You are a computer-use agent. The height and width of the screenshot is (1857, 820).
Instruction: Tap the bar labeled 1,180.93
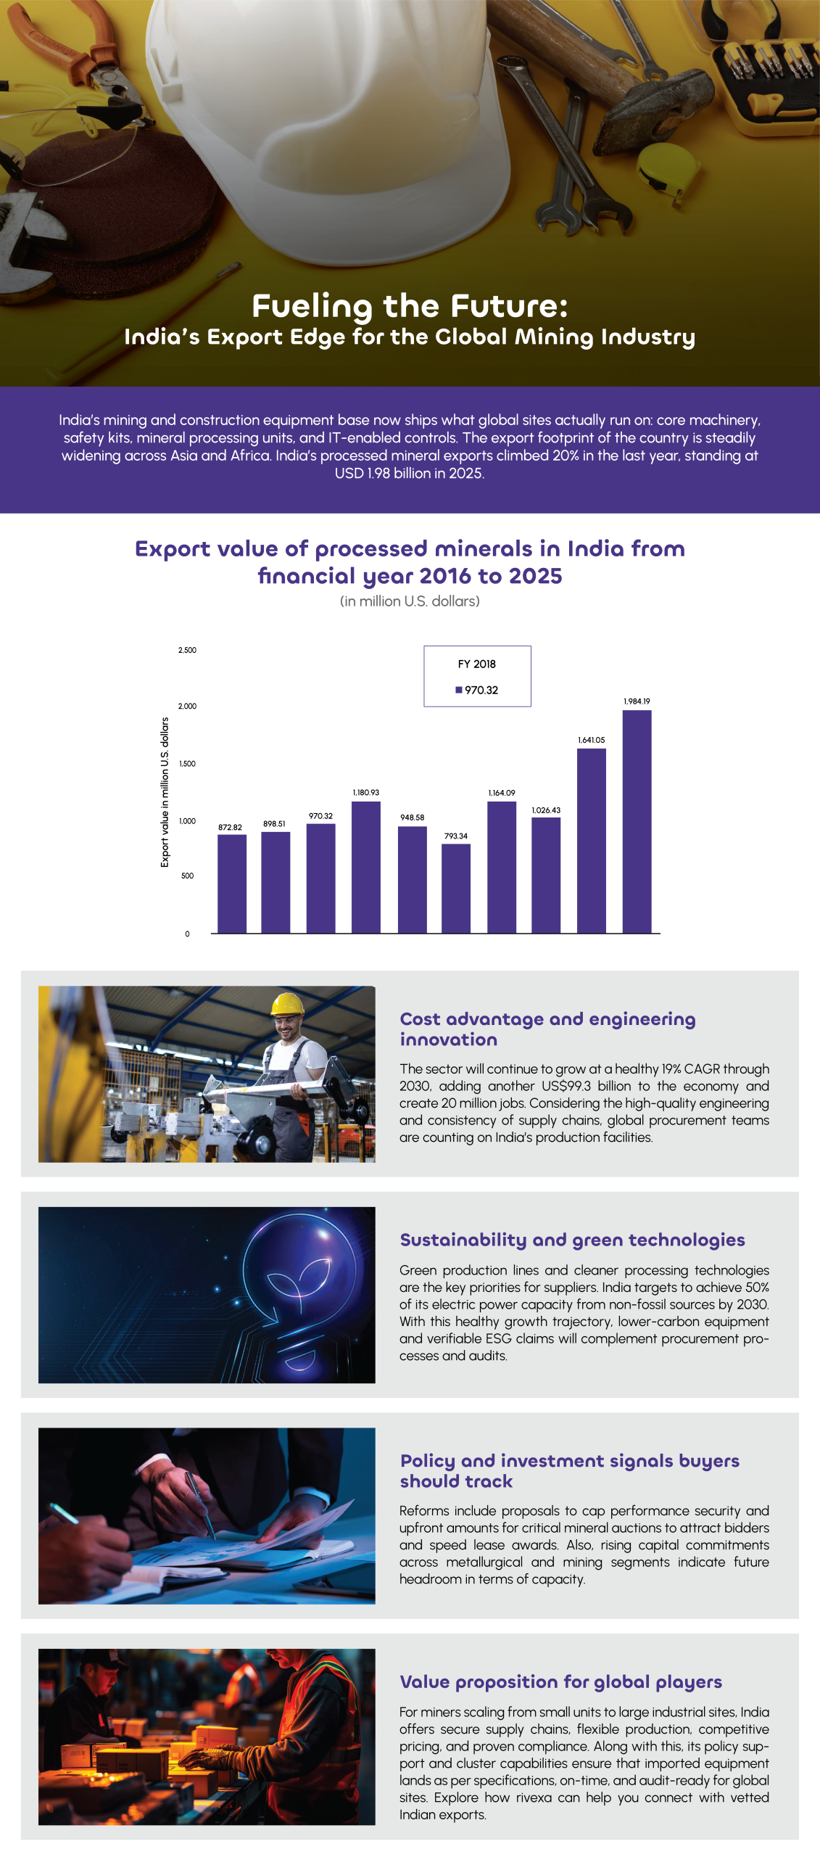tap(365, 866)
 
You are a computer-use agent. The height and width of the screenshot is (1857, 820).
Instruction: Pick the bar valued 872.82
tap(231, 883)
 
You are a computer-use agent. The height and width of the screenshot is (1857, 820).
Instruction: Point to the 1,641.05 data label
tap(591, 740)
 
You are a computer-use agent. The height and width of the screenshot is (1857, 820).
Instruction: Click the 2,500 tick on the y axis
tap(187, 650)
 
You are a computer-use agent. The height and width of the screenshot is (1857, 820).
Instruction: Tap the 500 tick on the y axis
tap(187, 876)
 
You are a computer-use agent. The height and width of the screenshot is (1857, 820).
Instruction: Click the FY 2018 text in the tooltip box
tap(476, 664)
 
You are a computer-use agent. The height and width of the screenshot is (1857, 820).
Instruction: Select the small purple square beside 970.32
tap(458, 690)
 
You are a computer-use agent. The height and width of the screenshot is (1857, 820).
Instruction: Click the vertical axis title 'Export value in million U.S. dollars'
tap(165, 791)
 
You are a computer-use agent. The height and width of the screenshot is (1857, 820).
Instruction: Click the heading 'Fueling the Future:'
tap(410, 306)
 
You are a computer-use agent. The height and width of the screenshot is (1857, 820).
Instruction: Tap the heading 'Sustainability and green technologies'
tap(572, 1240)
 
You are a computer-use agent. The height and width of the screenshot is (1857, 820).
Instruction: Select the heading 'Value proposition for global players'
tap(560, 1681)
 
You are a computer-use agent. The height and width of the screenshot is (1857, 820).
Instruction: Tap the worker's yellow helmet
tap(287, 1004)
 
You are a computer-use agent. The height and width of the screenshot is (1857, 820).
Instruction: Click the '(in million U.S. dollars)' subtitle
tap(410, 601)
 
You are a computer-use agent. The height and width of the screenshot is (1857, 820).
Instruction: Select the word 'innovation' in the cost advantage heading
tap(448, 1040)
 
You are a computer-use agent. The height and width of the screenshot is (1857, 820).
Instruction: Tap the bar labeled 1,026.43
tap(545, 874)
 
